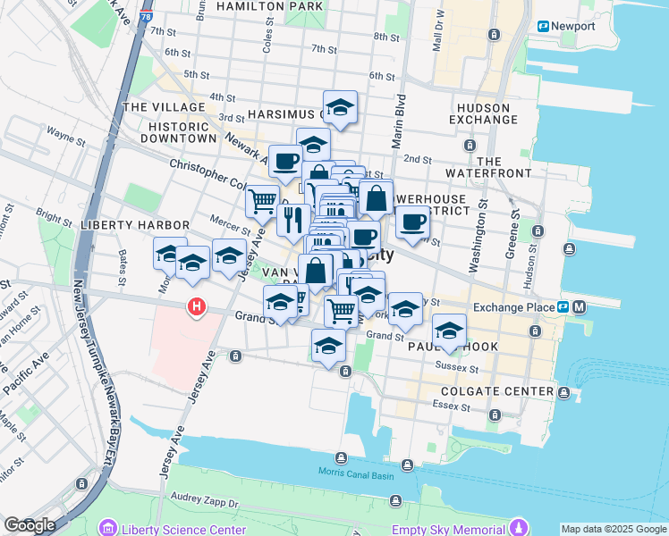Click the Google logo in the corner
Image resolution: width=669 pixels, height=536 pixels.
coord(30,525)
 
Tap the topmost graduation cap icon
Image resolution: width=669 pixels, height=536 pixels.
coord(340,108)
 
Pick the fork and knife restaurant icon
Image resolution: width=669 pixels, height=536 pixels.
coord(293,220)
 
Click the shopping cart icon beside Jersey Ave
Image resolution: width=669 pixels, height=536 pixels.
coord(262,201)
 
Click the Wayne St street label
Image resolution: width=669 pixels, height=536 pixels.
coord(65,138)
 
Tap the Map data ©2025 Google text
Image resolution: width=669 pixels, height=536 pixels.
coord(613,529)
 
